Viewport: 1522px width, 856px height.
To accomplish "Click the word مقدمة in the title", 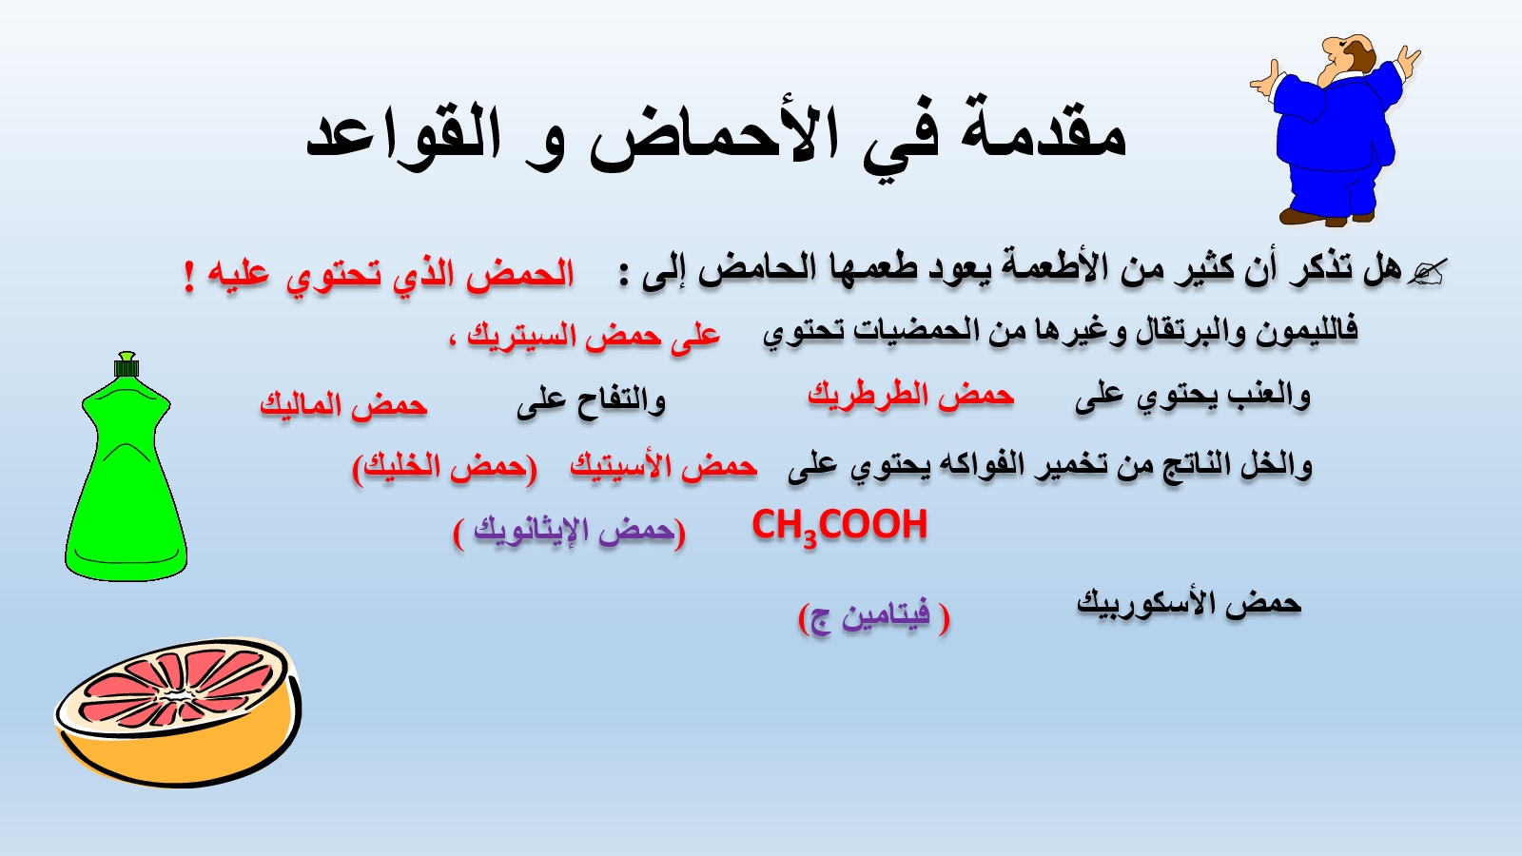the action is click(1043, 132).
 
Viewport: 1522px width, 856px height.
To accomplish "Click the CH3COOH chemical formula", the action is click(840, 527).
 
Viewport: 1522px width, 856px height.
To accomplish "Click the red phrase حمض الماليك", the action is click(343, 405).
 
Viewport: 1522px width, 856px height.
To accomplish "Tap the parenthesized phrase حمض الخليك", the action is click(444, 467).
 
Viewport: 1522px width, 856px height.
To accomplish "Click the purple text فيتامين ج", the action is click(874, 617).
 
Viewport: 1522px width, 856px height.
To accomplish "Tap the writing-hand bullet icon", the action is click(1427, 273).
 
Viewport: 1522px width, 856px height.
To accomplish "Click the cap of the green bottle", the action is click(127, 365).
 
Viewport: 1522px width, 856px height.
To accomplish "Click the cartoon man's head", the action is click(1345, 58).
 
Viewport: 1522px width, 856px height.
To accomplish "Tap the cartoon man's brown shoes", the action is click(1325, 218).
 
